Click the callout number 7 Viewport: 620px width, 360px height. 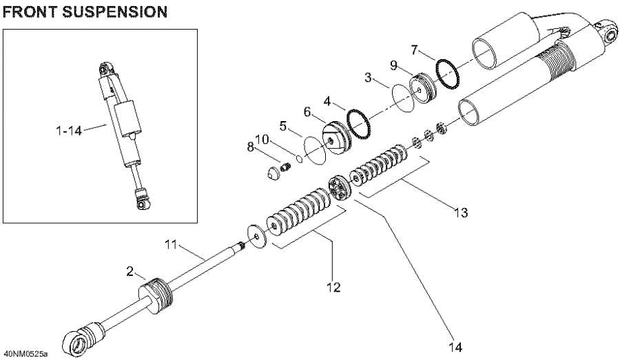414,50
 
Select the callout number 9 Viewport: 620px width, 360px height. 393,66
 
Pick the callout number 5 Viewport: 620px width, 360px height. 307,112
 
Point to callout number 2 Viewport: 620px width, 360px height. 130,272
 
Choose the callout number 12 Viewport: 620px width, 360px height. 333,286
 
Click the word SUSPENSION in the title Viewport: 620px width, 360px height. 110,12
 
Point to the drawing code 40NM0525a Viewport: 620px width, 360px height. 25,354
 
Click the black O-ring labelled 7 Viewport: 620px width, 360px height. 447,74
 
